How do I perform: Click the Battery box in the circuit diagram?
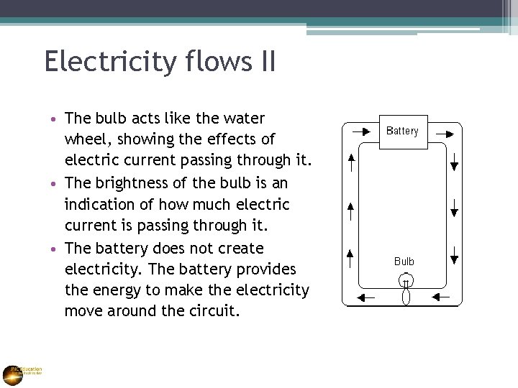[403, 131]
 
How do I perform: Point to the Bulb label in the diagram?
[404, 262]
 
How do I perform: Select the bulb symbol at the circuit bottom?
[405, 289]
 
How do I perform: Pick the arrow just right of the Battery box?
[445, 133]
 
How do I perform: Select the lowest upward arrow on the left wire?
[350, 257]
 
